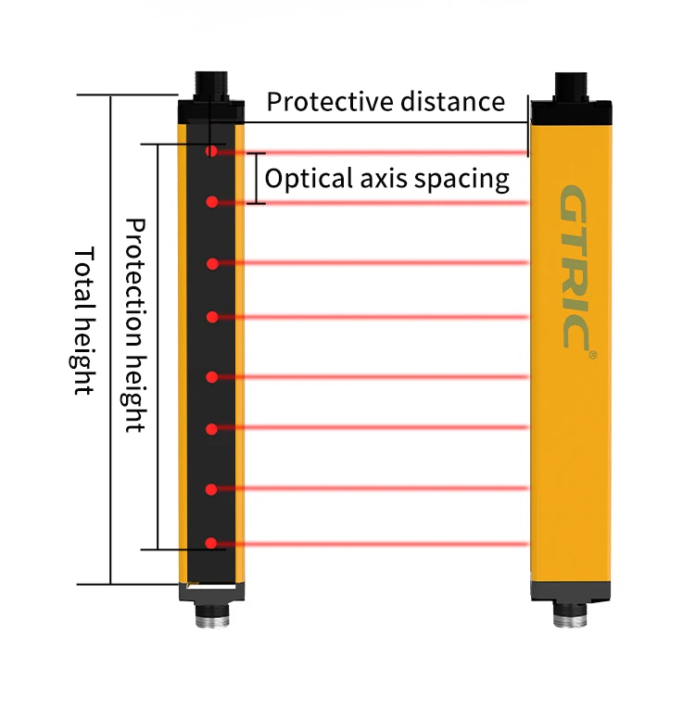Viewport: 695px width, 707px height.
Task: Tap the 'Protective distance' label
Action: click(x=385, y=101)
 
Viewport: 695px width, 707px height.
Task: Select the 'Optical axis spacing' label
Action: click(x=386, y=178)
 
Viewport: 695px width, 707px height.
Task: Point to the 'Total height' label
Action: click(x=84, y=321)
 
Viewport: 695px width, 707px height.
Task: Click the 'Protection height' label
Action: click(x=136, y=324)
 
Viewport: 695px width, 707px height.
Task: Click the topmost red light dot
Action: click(x=212, y=151)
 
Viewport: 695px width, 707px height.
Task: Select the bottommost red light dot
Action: click(x=212, y=543)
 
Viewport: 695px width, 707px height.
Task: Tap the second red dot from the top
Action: click(x=212, y=201)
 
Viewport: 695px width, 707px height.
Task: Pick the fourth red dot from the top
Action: click(x=212, y=317)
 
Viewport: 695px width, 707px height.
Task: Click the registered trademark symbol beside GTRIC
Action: click(x=593, y=354)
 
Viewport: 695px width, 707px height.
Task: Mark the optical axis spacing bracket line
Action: click(x=257, y=178)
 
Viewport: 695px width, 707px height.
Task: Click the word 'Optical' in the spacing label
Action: click(x=297, y=178)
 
